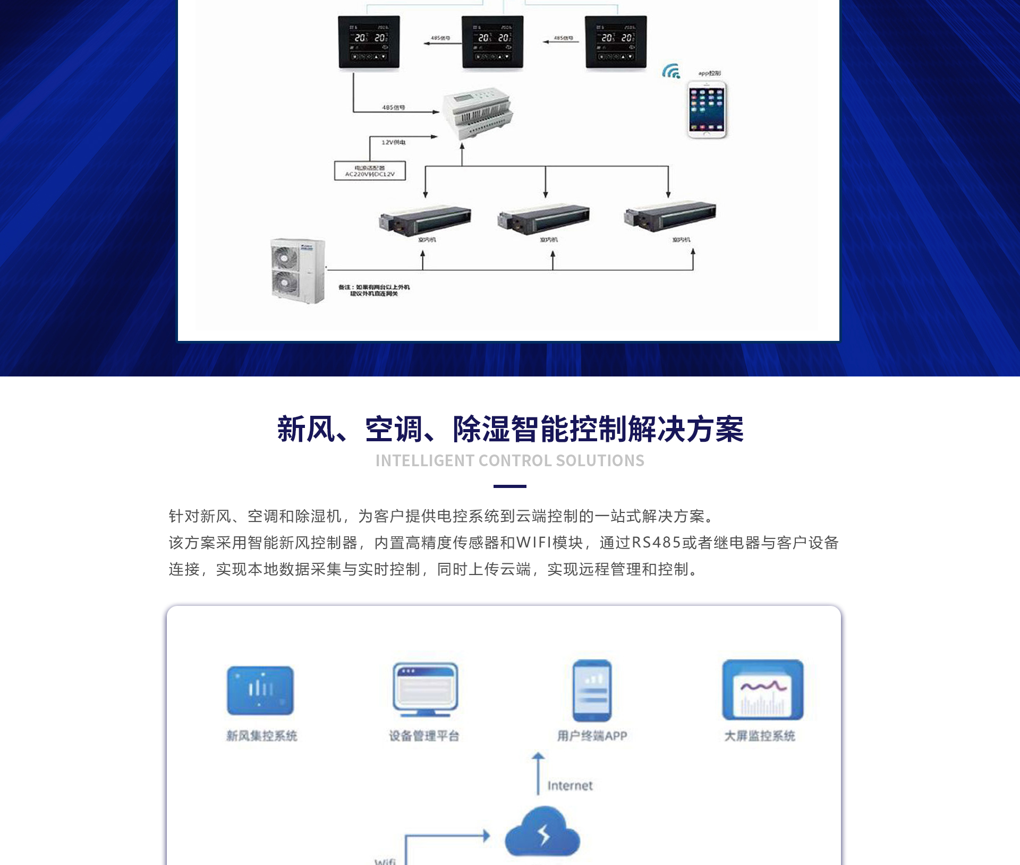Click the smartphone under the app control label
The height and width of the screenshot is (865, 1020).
(707, 110)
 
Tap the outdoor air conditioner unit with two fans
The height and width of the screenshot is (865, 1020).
(297, 271)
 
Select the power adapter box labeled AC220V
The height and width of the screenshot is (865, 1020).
(370, 171)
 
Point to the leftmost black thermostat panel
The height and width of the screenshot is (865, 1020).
(369, 42)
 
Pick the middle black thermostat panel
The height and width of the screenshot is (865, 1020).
(492, 42)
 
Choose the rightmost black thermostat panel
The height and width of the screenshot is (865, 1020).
(616, 42)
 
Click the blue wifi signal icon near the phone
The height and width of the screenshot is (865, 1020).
(671, 71)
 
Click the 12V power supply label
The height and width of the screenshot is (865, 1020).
(393, 142)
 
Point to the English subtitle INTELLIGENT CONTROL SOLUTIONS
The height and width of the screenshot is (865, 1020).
(509, 460)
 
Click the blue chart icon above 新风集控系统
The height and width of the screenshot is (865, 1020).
(260, 690)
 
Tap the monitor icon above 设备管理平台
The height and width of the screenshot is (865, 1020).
(425, 689)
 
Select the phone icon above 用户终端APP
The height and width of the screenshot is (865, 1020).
(592, 690)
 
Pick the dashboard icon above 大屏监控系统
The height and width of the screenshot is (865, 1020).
(762, 690)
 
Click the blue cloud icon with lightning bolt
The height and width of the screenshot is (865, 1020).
(542, 832)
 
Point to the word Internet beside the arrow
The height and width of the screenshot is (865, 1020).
(569, 785)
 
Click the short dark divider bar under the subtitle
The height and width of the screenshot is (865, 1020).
(509, 486)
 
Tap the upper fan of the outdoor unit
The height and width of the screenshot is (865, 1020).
(285, 258)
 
